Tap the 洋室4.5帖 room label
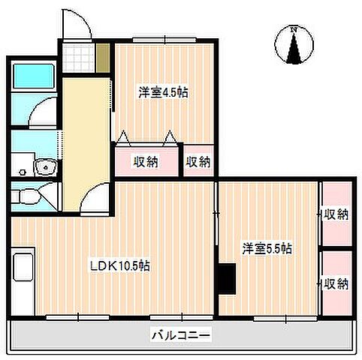point(162,94)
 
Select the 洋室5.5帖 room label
point(267,248)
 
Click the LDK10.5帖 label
point(119,266)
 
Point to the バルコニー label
point(183,334)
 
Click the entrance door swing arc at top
point(77,26)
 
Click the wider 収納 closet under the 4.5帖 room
point(146,160)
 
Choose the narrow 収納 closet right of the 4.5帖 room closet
point(198,160)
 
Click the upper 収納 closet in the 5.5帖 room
point(336,214)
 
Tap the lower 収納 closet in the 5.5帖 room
point(336,283)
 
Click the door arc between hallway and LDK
point(96,196)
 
